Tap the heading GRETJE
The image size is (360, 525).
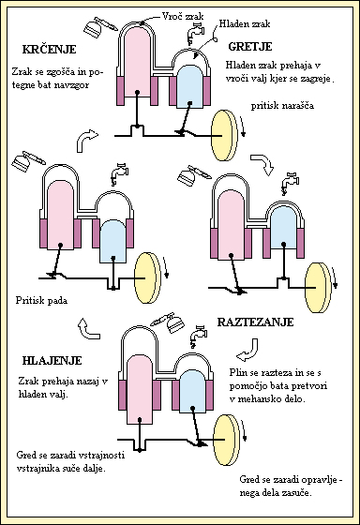(x=249, y=44)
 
